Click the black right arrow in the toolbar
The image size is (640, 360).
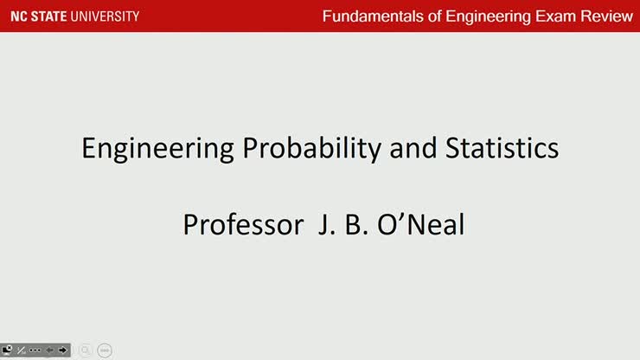pos(62,350)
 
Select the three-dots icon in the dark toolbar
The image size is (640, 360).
pos(35,350)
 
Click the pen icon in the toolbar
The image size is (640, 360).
pos(21,350)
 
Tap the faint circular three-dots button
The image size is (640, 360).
pos(105,350)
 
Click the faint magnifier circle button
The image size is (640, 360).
pos(86,350)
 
